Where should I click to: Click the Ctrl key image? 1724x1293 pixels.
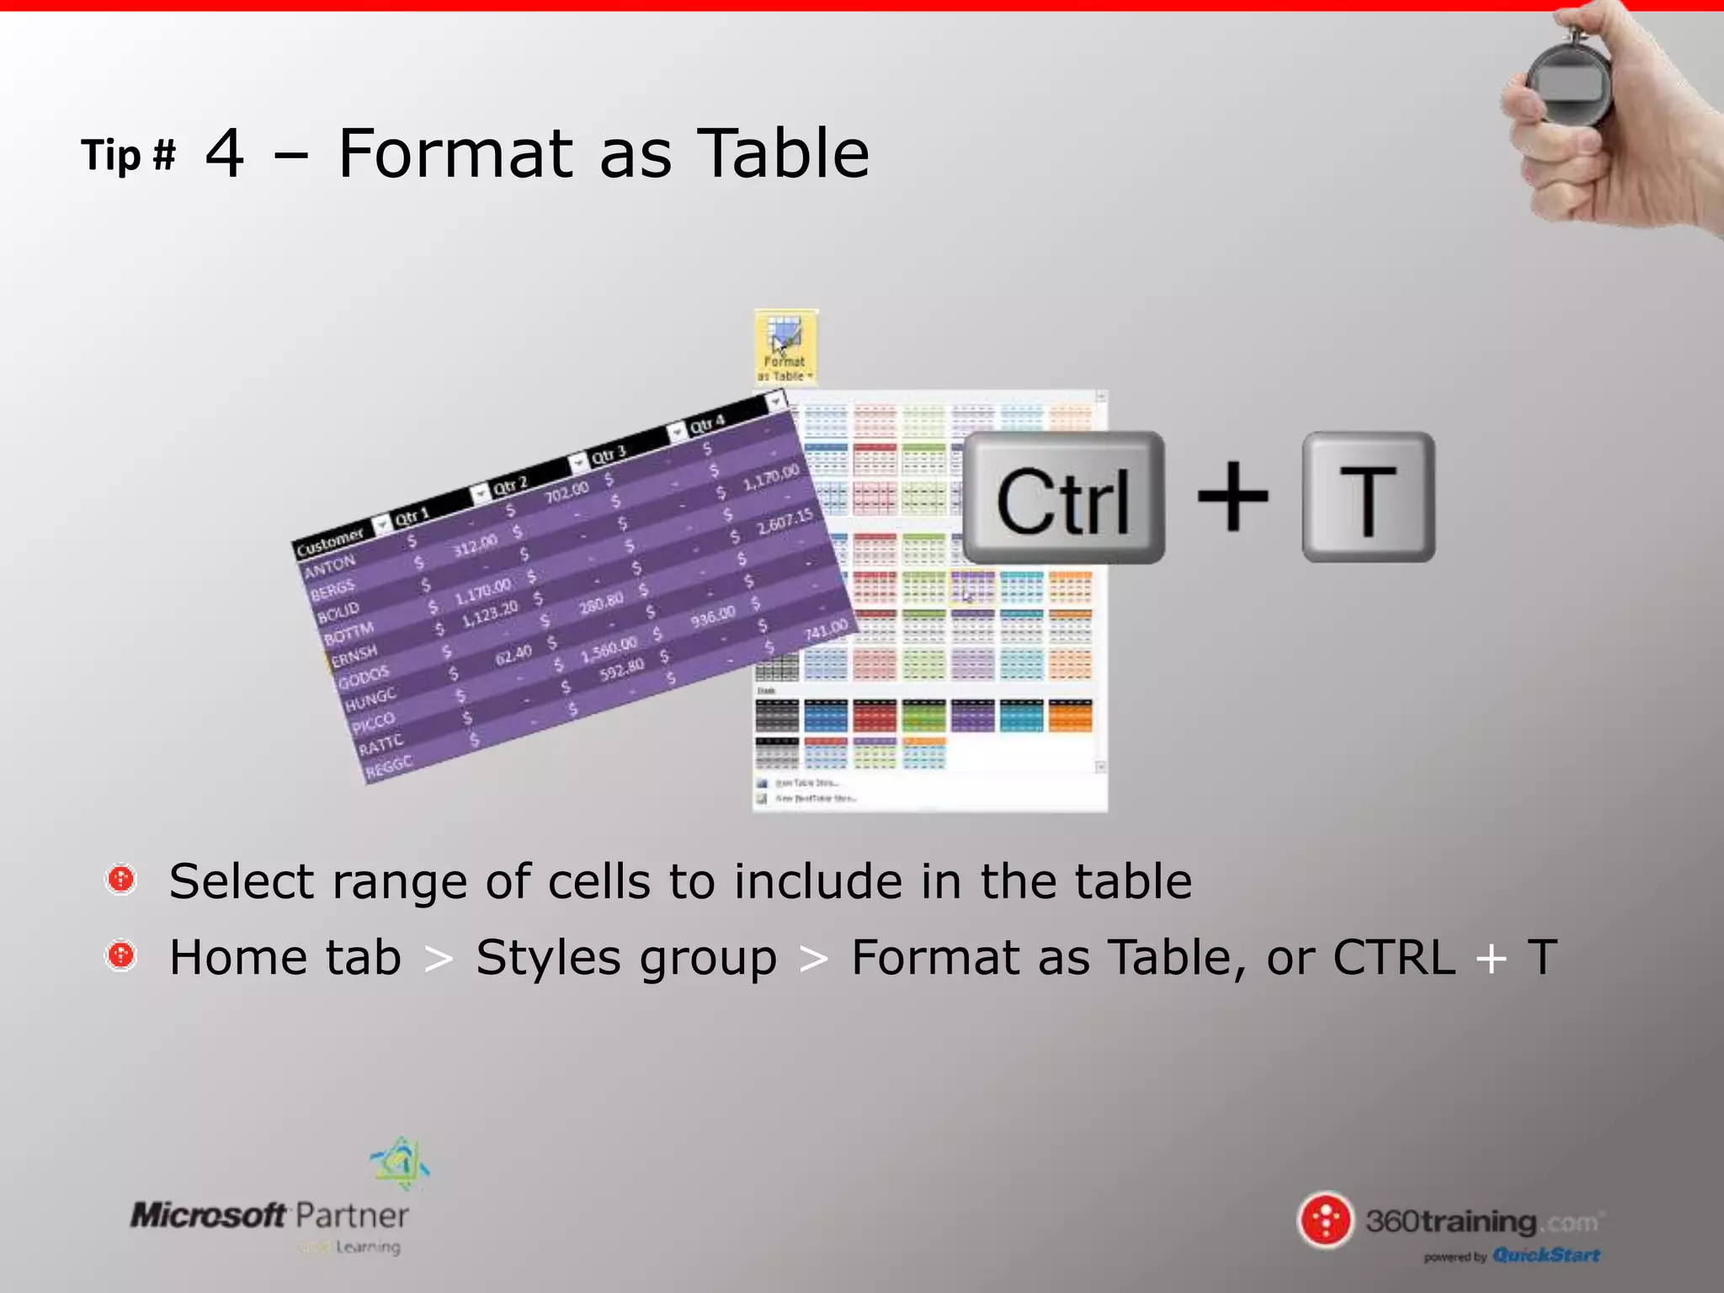[x=1063, y=498]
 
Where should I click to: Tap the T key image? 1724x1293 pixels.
[x=1368, y=498]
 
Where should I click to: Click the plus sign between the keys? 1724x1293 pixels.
[x=1232, y=497]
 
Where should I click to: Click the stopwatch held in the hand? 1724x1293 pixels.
[x=1567, y=84]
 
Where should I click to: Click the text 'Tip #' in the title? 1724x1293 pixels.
[x=128, y=156]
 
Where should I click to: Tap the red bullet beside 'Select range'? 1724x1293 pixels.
[x=121, y=880]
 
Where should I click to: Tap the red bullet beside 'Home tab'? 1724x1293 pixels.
[x=121, y=955]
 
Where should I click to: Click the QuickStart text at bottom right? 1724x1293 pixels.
[x=1546, y=1255]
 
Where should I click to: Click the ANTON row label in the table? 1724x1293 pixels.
[x=330, y=567]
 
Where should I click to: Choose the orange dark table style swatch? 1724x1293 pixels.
[x=1070, y=716]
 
